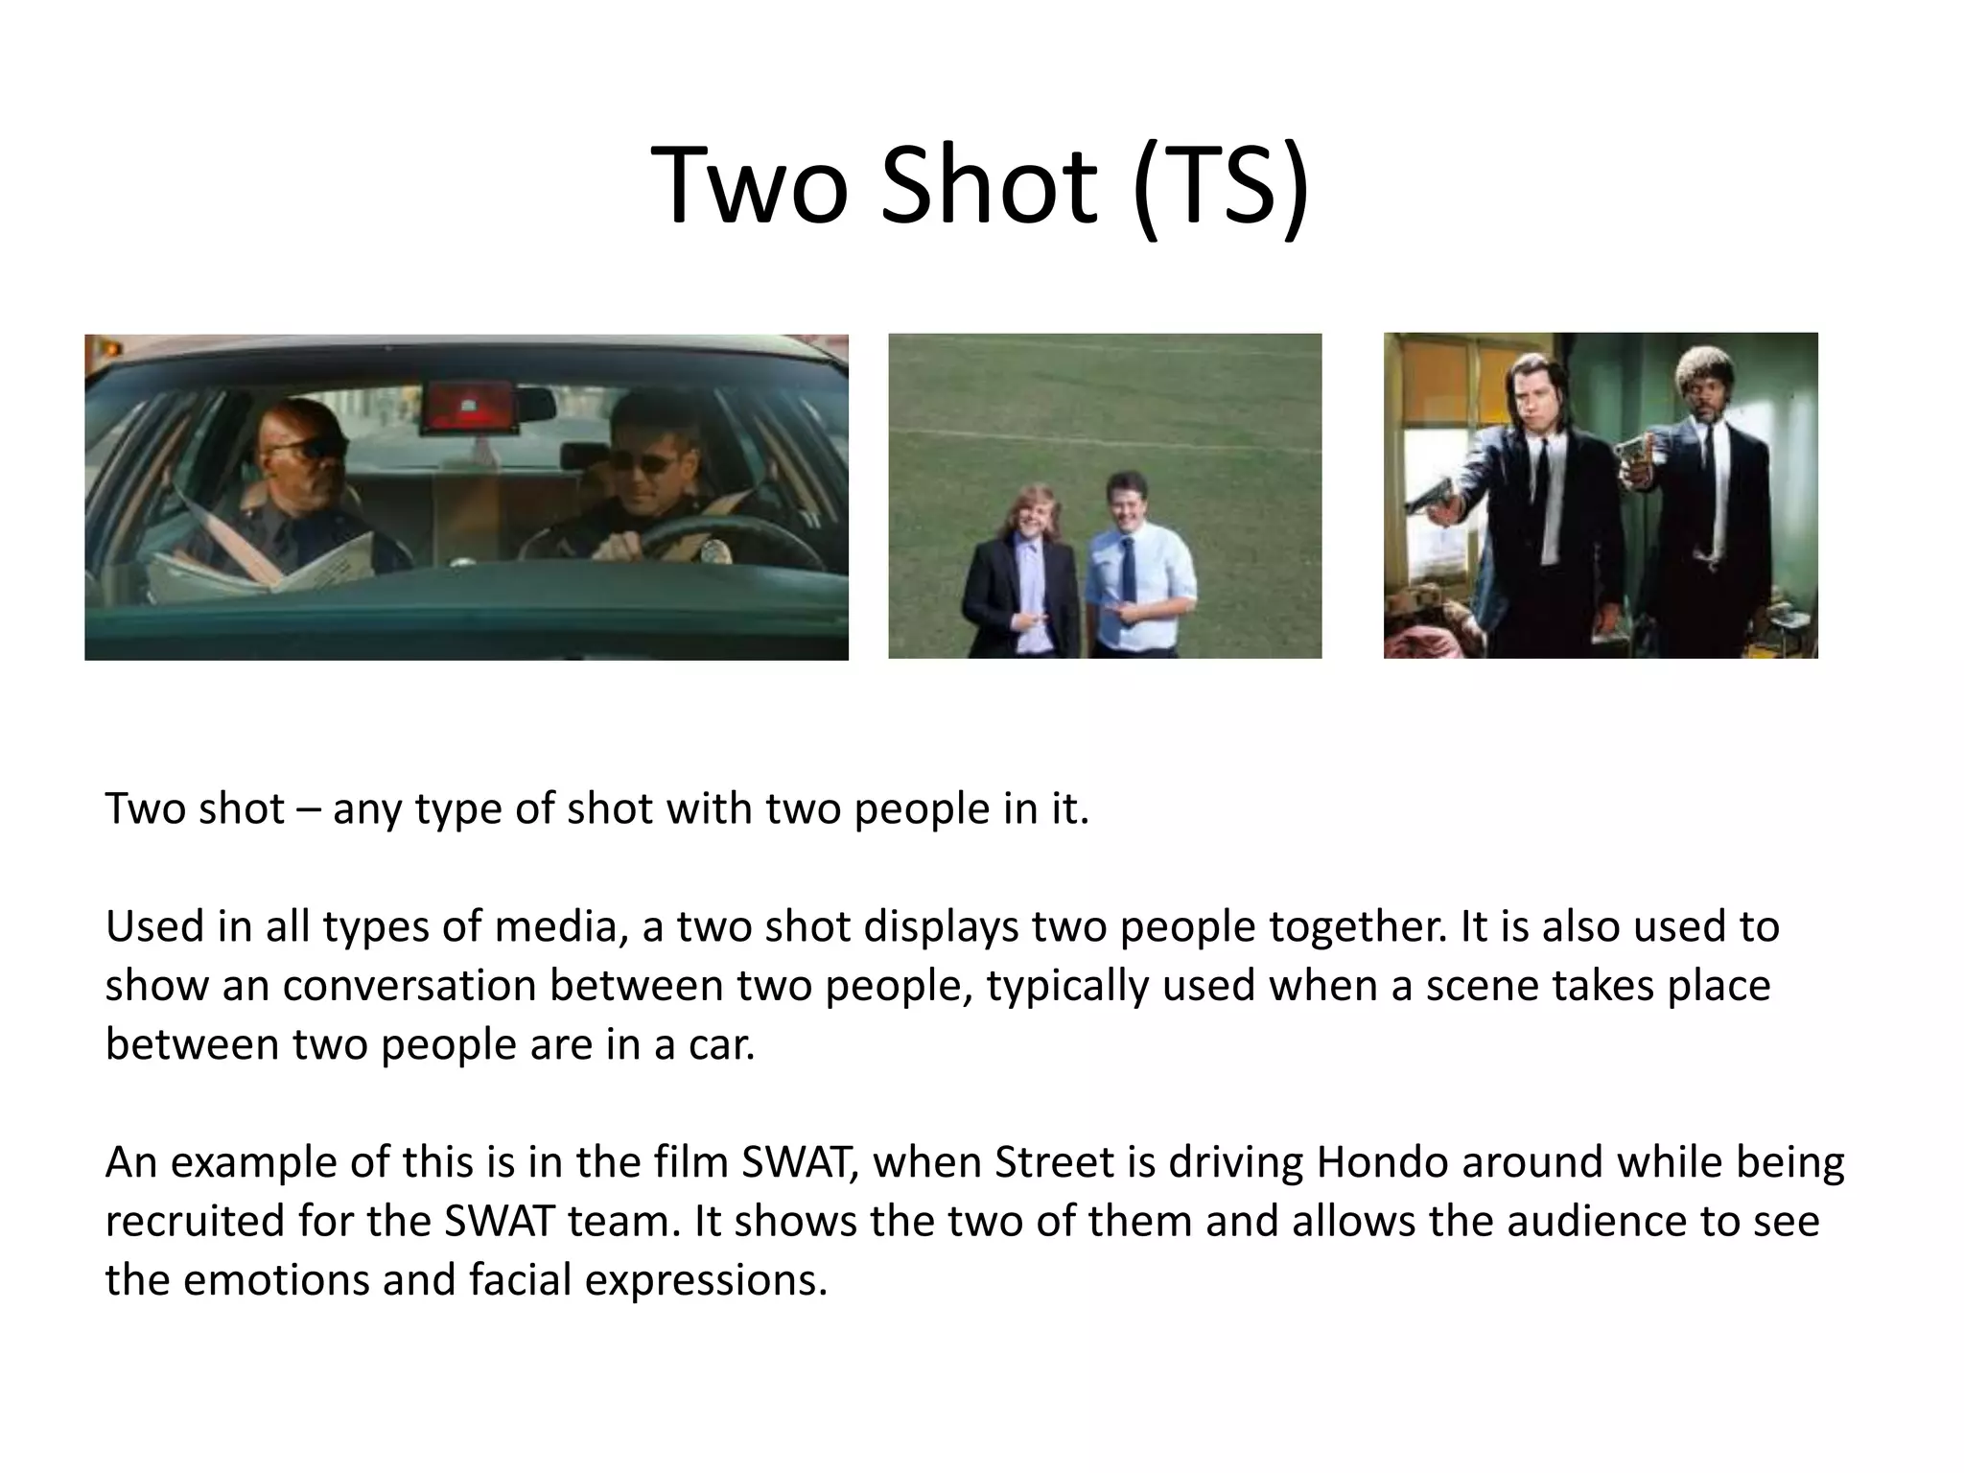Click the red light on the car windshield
471,404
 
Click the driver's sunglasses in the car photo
638,463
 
